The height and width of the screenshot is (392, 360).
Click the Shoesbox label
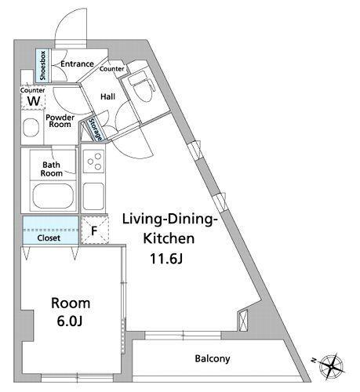(x=42, y=66)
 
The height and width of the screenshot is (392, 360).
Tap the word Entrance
(x=77, y=64)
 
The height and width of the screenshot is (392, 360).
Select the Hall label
(x=108, y=96)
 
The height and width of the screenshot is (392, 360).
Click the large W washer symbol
(x=34, y=101)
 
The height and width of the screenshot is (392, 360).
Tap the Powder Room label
(x=60, y=121)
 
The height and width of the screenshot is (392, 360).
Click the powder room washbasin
(x=31, y=128)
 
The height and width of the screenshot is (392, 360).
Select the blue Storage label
(x=95, y=129)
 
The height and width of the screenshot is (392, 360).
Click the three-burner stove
(x=94, y=162)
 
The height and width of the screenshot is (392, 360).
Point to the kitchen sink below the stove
(x=93, y=196)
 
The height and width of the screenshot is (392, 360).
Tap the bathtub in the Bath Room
(x=53, y=196)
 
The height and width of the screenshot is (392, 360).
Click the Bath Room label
(x=53, y=169)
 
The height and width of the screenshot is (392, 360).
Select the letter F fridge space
(x=94, y=231)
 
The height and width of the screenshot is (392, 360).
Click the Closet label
(x=49, y=238)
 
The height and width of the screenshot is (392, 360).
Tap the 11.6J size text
(x=166, y=259)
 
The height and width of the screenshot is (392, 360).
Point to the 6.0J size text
(x=70, y=321)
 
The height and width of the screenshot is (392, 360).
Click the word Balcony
(x=213, y=359)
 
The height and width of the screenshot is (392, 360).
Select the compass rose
(x=331, y=365)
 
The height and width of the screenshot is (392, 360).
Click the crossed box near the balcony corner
(x=243, y=320)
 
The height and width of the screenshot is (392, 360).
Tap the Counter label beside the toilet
(x=112, y=69)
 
